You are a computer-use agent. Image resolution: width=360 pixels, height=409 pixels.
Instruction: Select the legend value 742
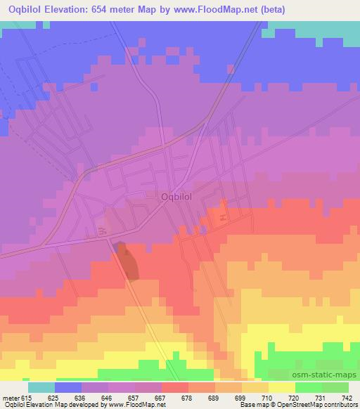[347, 398]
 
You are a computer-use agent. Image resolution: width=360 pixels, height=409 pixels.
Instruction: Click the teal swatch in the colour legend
[41, 387]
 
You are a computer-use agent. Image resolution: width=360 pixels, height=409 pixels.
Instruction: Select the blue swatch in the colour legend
[67, 387]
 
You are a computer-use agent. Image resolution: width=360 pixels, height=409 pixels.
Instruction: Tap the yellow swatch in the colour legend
[281, 387]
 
